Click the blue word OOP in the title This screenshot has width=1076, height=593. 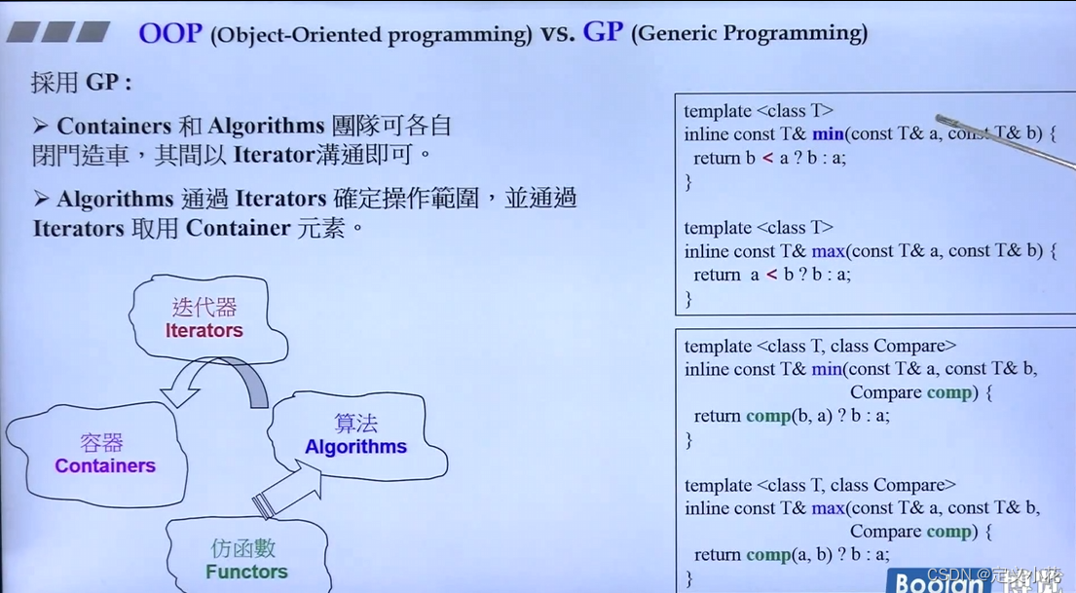pyautogui.click(x=169, y=32)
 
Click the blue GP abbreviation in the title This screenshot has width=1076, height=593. pyautogui.click(x=602, y=32)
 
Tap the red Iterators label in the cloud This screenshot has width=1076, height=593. pyautogui.click(x=204, y=331)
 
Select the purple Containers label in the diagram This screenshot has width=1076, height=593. pyautogui.click(x=105, y=466)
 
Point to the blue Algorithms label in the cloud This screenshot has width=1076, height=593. pyautogui.click(x=355, y=447)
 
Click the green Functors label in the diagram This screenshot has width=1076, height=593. pyautogui.click(x=246, y=572)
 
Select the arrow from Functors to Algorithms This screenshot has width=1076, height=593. pyautogui.click(x=287, y=490)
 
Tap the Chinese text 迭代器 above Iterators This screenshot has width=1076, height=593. pyautogui.click(x=204, y=308)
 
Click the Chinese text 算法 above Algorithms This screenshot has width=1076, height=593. pyautogui.click(x=355, y=424)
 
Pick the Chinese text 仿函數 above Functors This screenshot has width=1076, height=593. pyautogui.click(x=245, y=548)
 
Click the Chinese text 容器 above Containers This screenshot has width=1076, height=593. pyautogui.click(x=101, y=443)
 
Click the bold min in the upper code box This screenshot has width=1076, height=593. pyautogui.click(x=828, y=134)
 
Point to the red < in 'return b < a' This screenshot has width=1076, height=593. pyautogui.click(x=768, y=158)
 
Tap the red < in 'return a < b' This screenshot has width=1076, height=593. pyautogui.click(x=772, y=275)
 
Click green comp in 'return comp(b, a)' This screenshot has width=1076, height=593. pyautogui.click(x=768, y=416)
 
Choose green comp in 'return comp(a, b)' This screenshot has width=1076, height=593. pyautogui.click(x=768, y=555)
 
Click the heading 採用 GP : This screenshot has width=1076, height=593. pyautogui.click(x=81, y=83)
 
